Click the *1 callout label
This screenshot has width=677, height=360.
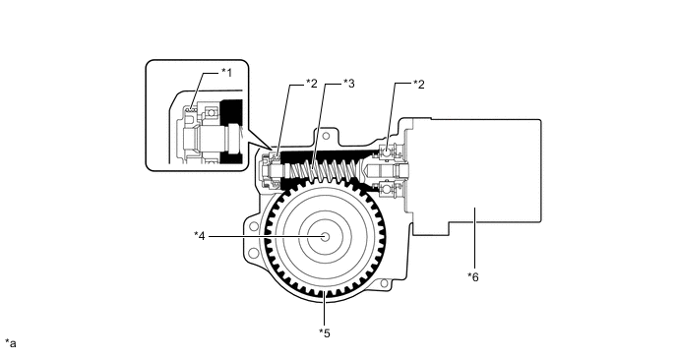pyautogui.click(x=226, y=73)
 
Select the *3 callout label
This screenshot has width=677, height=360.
pyautogui.click(x=349, y=84)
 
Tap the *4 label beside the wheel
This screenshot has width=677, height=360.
pyautogui.click(x=200, y=236)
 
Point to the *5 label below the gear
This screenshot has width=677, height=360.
pyautogui.click(x=325, y=333)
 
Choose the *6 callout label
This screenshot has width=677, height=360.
pyautogui.click(x=473, y=277)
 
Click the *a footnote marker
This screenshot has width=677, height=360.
pyautogui.click(x=11, y=343)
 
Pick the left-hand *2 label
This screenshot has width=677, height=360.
pyautogui.click(x=311, y=84)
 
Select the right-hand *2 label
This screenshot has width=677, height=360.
pyautogui.click(x=419, y=85)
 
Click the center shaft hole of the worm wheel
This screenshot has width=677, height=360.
pyautogui.click(x=326, y=236)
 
